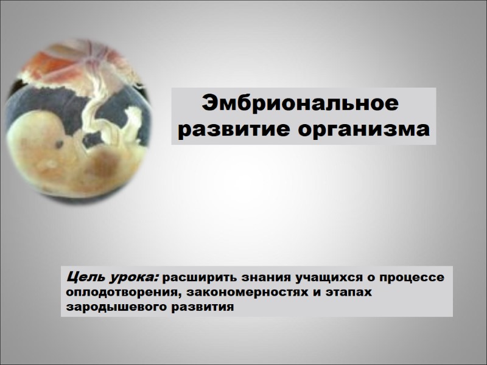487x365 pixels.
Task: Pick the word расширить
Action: point(193,279)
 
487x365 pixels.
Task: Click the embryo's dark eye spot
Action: point(62,145)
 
